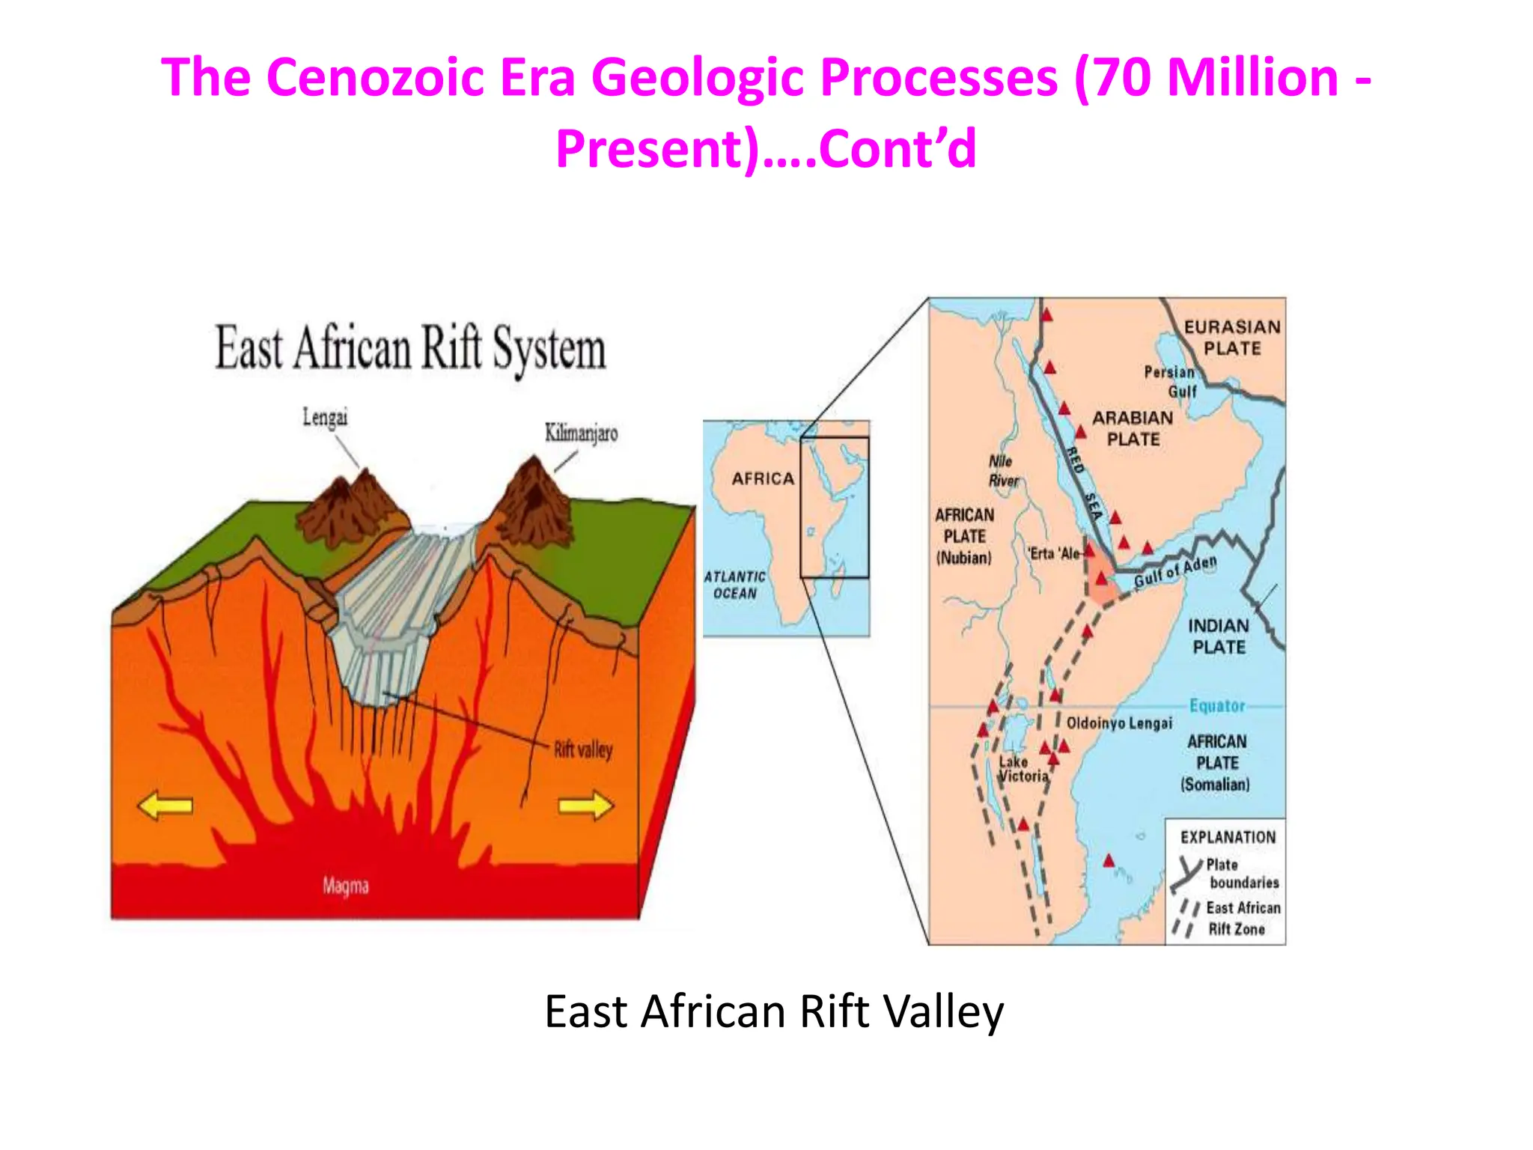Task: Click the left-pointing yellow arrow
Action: click(165, 806)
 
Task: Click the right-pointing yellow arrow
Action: click(586, 806)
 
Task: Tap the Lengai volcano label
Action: click(325, 417)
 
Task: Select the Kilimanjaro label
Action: click(581, 433)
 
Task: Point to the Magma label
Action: click(346, 886)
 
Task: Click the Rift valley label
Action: click(583, 749)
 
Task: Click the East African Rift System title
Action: click(410, 348)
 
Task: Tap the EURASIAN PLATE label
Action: click(1232, 338)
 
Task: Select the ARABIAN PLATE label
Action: click(1133, 428)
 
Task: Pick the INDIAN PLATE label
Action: click(1219, 636)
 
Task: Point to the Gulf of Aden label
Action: click(1175, 572)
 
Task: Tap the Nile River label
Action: click(1002, 471)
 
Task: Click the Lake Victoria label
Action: click(1023, 769)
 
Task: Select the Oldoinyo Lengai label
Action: click(1119, 723)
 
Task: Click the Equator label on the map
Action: click(1217, 705)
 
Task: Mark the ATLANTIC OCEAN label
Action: click(734, 585)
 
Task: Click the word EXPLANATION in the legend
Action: click(1228, 837)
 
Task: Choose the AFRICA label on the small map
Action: click(763, 478)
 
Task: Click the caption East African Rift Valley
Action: click(774, 1011)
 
